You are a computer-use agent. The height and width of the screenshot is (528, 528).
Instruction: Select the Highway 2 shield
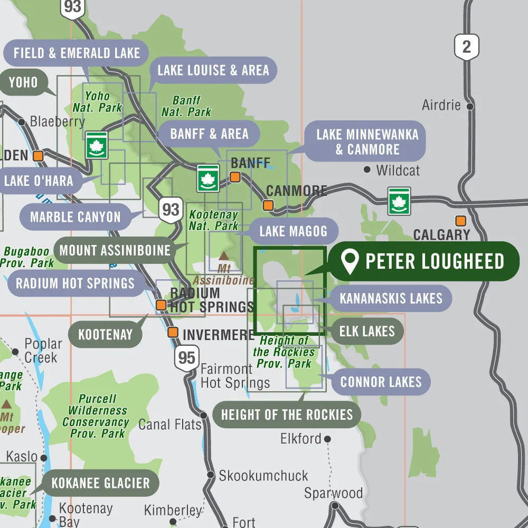(x=467, y=47)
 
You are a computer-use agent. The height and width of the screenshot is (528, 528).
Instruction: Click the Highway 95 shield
(x=186, y=358)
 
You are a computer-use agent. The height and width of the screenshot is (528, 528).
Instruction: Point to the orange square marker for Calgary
(x=461, y=221)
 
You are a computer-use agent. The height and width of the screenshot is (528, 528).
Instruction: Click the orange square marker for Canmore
(x=269, y=205)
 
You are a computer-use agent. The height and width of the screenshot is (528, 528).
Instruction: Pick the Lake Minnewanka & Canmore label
(x=367, y=142)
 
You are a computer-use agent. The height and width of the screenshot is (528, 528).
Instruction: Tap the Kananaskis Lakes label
(x=391, y=298)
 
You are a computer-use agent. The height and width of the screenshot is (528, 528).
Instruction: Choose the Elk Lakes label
(x=367, y=332)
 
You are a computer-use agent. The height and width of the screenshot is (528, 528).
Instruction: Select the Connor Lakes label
(x=381, y=382)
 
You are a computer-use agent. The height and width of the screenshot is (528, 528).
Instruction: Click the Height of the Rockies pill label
(x=287, y=414)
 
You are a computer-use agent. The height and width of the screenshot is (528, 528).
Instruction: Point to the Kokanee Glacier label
(x=100, y=483)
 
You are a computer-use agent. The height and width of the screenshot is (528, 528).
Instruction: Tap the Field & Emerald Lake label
(x=77, y=53)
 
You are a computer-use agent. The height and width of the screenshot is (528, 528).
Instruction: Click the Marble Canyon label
(x=75, y=217)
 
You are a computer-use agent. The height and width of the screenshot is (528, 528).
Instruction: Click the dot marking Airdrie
(x=469, y=106)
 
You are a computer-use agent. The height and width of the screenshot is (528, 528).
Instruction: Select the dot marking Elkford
(x=327, y=439)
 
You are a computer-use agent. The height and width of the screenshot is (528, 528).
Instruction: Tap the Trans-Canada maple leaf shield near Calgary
(x=399, y=201)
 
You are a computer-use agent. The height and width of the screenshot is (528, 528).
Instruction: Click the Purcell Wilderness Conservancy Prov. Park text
(x=96, y=416)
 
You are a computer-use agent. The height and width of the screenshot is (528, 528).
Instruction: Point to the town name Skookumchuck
(x=263, y=475)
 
